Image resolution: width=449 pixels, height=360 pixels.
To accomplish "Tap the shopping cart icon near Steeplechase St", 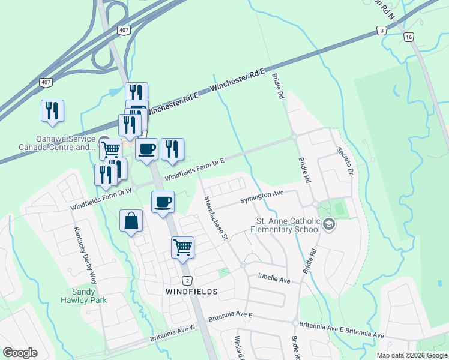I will click(x=183, y=246).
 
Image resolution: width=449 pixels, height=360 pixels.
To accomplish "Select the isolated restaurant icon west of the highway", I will click(x=52, y=110).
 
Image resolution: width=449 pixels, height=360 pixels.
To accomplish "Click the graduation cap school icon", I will click(x=328, y=224).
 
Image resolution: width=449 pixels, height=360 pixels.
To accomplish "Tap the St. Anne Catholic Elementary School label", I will click(x=285, y=225).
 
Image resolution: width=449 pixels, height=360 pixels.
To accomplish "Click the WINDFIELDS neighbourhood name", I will click(x=191, y=291).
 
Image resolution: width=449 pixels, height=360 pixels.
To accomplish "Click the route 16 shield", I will click(x=409, y=37).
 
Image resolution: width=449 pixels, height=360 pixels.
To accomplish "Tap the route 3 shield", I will click(x=381, y=29).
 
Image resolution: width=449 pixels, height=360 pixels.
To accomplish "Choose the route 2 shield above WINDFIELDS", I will click(x=188, y=280).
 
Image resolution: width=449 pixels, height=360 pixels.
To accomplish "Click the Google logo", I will click(x=20, y=353).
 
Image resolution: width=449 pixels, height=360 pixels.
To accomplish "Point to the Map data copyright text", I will click(x=412, y=355).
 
